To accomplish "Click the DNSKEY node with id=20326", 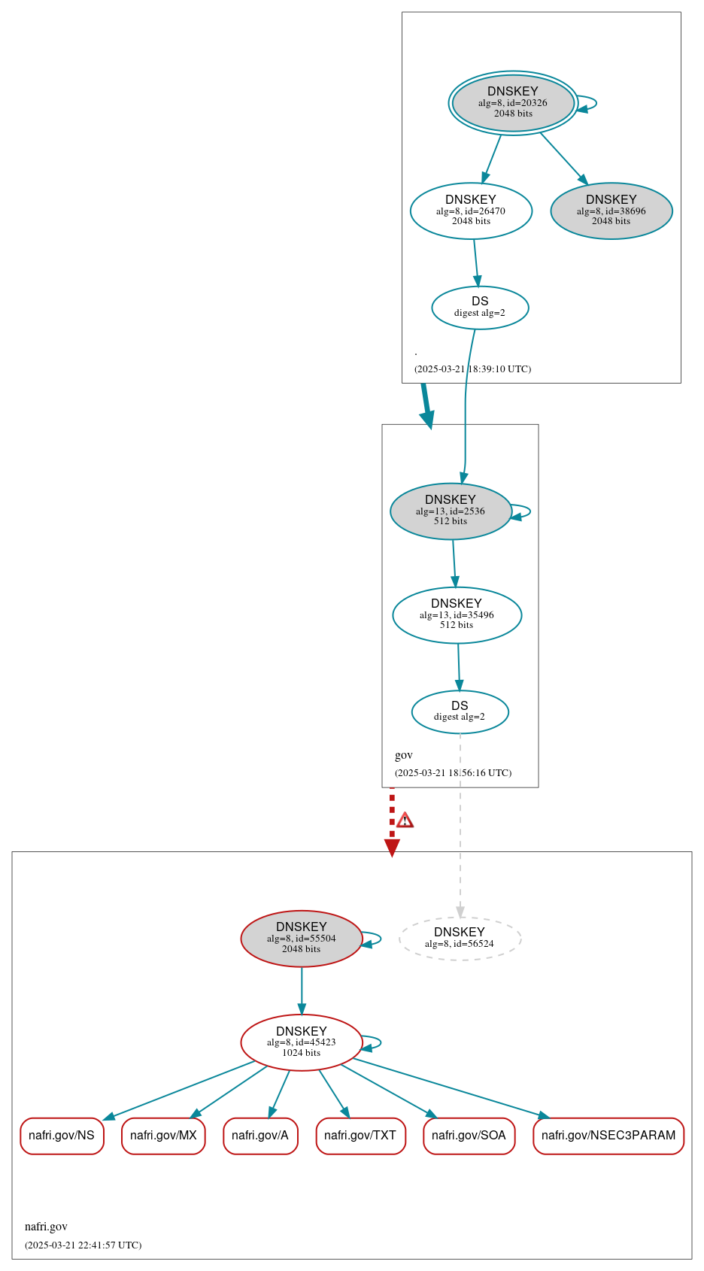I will [513, 103].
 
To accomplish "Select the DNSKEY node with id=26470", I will [471, 211].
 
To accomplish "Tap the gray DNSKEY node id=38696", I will [611, 211].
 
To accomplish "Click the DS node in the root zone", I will [480, 308].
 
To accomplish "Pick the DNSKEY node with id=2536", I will [451, 511].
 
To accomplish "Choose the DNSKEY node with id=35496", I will [457, 615].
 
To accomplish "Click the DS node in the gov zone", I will [460, 711].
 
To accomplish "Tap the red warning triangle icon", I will [405, 821].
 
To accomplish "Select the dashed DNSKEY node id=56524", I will [460, 939].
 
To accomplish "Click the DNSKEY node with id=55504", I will [301, 939].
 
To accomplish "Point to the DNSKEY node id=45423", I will [301, 1042].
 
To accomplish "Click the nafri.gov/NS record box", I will [62, 1136].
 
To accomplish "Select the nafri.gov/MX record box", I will [163, 1136].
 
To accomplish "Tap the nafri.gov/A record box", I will [260, 1136].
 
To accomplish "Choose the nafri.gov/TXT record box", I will [360, 1136].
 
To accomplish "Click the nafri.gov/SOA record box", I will [469, 1136].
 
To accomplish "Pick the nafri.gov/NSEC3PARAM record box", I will [608, 1136].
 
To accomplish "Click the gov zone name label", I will [404, 755].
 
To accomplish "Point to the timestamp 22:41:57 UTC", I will [83, 1245].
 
